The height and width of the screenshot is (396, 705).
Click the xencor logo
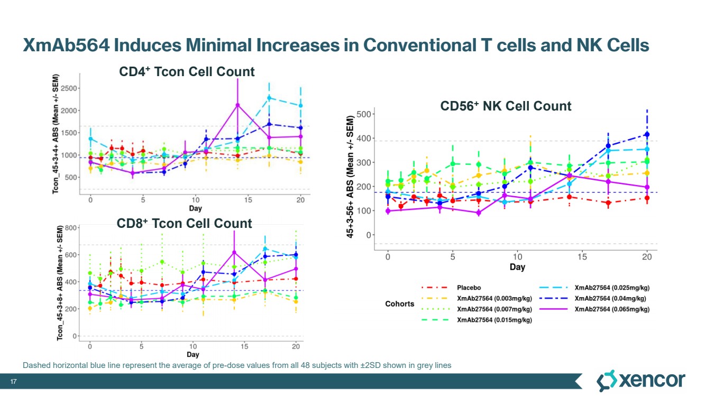tap(640, 381)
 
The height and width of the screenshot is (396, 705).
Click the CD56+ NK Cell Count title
tap(506, 106)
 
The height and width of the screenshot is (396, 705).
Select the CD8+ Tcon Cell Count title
tap(184, 224)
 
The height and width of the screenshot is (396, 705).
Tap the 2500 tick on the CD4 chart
tap(67, 87)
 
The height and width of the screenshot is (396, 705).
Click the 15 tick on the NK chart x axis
tap(582, 256)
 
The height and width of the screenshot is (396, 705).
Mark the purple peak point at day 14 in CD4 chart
tap(238, 105)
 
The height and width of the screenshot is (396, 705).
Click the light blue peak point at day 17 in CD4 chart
tap(269, 98)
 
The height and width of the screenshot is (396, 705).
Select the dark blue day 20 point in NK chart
tap(647, 135)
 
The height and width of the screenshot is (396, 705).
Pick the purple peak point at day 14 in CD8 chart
tap(234, 252)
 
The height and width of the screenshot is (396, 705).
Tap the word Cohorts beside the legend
tap(399, 304)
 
